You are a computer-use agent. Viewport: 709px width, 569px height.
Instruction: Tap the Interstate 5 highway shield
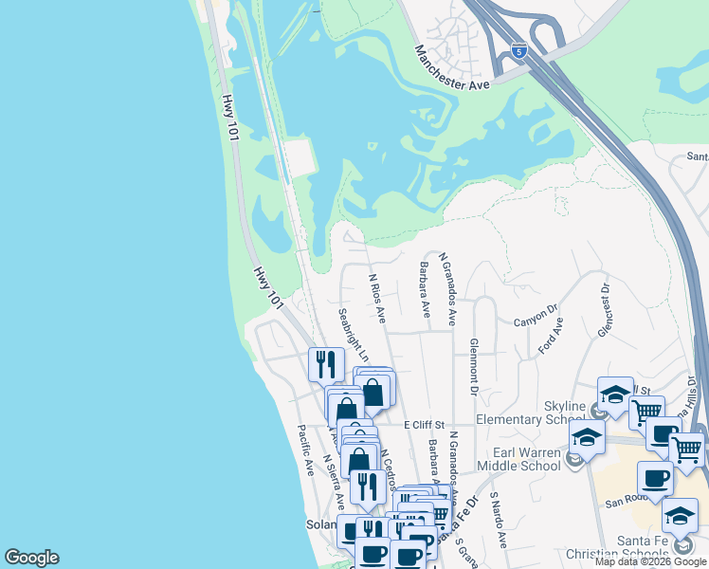pos(518,50)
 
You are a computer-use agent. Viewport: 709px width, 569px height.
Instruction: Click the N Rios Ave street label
pos(377,298)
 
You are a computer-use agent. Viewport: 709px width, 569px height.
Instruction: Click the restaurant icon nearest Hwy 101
pos(324,363)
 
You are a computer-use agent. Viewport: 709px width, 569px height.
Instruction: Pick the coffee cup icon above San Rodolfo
pos(654,477)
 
